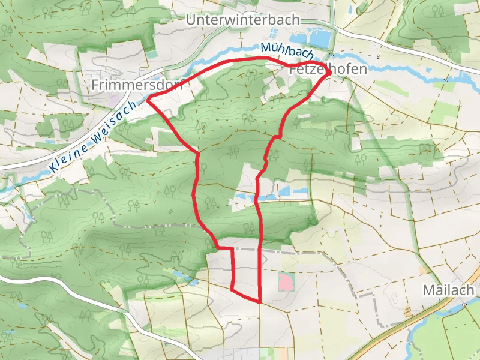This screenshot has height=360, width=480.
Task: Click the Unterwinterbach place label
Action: click(242, 20)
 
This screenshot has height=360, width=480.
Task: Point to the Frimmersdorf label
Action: click(137, 85)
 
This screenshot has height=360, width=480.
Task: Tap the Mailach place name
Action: click(448, 290)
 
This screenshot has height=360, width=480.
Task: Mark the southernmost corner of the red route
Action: click(259, 301)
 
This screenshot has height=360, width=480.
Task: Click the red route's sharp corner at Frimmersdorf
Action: click(148, 97)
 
